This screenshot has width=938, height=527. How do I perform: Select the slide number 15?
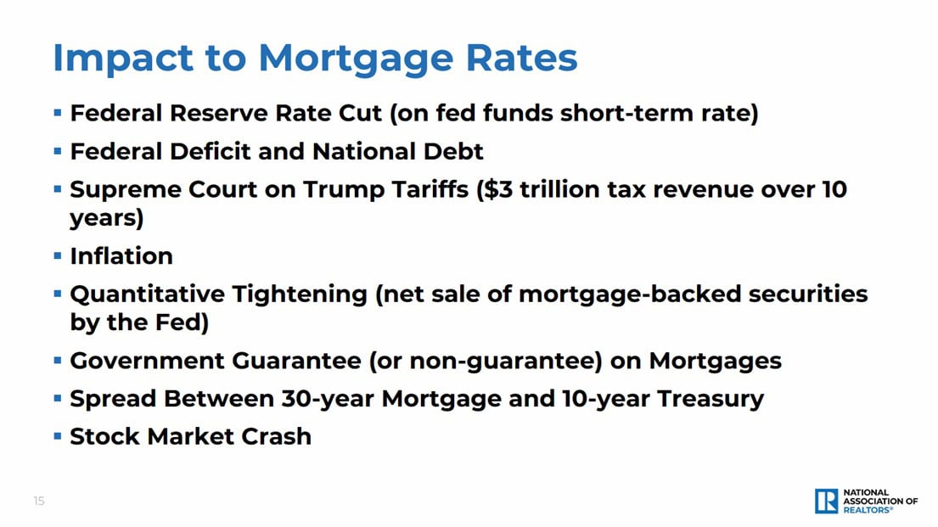click(x=39, y=501)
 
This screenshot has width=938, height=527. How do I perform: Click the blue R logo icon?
click(x=826, y=501)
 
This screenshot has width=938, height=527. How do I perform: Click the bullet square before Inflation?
click(x=58, y=255)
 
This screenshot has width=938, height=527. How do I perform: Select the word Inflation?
click(x=121, y=255)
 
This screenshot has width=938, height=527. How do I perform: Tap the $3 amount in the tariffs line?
click(x=495, y=188)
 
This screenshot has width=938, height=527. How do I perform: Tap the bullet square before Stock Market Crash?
click(x=58, y=436)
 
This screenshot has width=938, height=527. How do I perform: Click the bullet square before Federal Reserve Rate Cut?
click(x=58, y=113)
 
